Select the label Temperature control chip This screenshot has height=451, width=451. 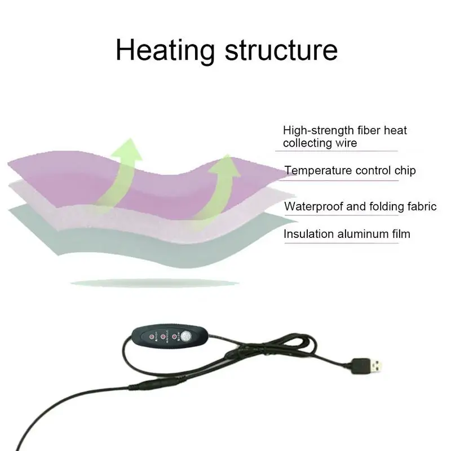[350, 170]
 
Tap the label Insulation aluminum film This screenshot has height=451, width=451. [347, 233]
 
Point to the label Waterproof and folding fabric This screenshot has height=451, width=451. [360, 206]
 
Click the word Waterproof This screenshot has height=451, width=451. [313, 206]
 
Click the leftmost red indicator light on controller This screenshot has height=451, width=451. [152, 337]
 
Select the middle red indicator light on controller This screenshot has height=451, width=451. [163, 337]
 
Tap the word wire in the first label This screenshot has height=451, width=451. [346, 143]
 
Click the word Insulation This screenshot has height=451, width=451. [308, 233]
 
